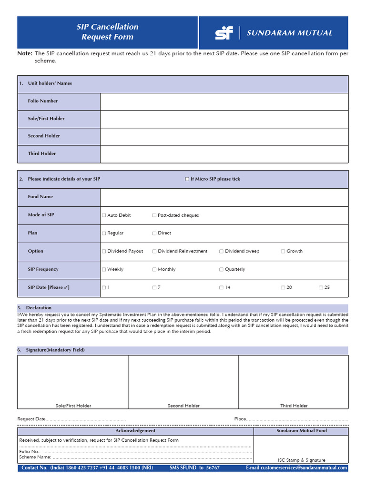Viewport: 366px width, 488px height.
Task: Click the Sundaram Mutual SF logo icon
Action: (x=224, y=33)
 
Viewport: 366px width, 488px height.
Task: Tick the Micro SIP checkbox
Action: (x=187, y=179)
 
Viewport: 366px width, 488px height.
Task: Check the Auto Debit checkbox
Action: (x=104, y=215)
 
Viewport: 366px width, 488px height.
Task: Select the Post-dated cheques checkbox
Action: (x=154, y=215)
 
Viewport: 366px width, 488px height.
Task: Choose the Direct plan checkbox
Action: (x=154, y=233)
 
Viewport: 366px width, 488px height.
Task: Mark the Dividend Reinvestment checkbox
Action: (x=154, y=251)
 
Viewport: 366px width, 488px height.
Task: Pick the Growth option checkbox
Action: (x=283, y=251)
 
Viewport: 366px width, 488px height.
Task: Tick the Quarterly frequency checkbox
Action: (x=221, y=269)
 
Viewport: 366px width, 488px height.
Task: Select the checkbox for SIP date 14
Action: (x=221, y=288)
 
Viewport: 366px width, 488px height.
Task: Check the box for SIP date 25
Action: (x=321, y=288)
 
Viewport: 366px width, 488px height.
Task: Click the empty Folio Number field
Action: (x=224, y=101)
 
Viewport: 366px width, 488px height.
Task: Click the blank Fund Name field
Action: (x=224, y=197)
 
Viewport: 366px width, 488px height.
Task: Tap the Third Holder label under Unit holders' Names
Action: (x=42, y=153)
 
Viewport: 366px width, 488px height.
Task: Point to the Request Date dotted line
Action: (x=86, y=419)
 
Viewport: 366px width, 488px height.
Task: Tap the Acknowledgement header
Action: (x=135, y=431)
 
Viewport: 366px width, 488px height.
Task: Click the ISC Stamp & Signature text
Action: (x=302, y=460)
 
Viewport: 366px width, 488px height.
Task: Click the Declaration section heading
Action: (x=39, y=308)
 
